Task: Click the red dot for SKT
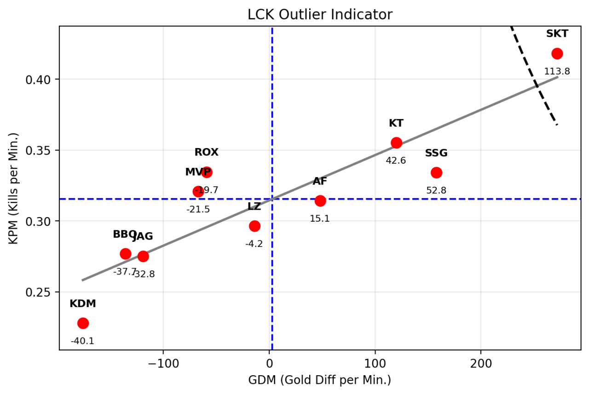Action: (x=557, y=53)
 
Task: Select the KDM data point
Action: (x=83, y=323)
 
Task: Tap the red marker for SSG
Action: (x=436, y=172)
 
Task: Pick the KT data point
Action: (x=396, y=143)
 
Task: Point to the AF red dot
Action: (x=320, y=200)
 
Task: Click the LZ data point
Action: (x=254, y=226)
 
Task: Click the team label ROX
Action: (x=206, y=152)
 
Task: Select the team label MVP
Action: (x=197, y=172)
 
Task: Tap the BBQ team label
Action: (x=124, y=234)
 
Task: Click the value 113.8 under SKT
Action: (x=557, y=71)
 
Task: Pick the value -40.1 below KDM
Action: (x=82, y=341)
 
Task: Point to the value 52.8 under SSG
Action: (x=436, y=190)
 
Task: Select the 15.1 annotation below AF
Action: (x=320, y=218)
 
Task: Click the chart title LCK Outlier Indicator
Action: (x=320, y=15)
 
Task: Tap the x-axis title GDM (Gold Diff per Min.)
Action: (x=320, y=380)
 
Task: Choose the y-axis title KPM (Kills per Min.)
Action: (x=14, y=188)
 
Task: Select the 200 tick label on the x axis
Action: (x=481, y=362)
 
